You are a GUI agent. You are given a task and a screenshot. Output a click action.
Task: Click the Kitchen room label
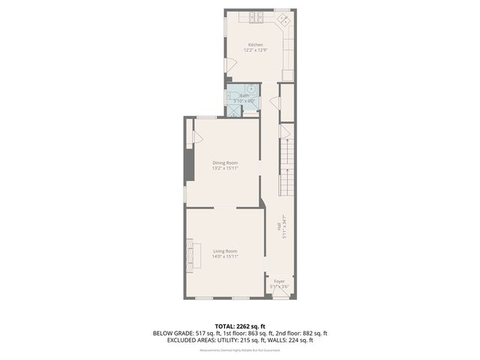(x=256, y=45)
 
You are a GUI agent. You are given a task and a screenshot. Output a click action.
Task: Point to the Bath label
(x=244, y=96)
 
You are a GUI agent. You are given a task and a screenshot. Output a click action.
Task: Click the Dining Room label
(x=225, y=163)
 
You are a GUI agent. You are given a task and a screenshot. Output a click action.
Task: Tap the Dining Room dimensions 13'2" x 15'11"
(x=225, y=169)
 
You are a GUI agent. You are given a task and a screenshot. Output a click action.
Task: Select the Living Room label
(x=225, y=250)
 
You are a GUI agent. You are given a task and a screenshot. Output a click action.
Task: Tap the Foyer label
(x=279, y=281)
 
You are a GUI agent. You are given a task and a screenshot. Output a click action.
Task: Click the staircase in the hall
(x=286, y=165)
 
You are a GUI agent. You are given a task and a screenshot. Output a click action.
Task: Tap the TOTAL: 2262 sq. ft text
(x=240, y=325)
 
